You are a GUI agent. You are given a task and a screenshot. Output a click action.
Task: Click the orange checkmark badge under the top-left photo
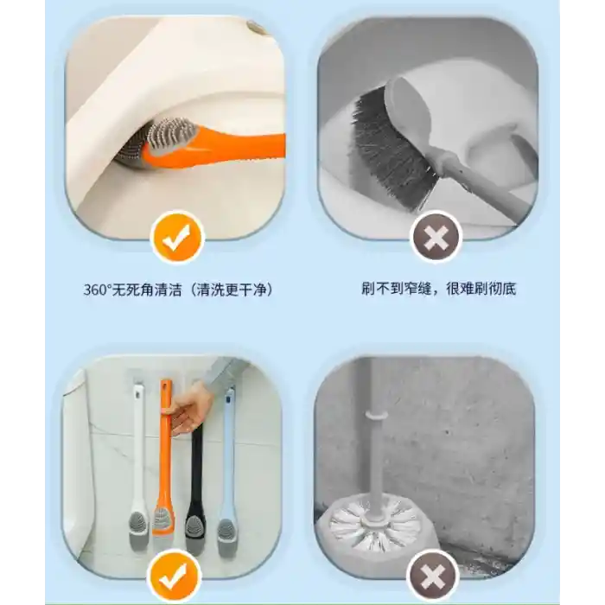tap(177, 237)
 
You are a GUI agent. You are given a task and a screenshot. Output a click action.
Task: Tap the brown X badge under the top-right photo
tap(436, 237)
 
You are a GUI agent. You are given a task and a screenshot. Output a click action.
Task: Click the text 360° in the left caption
tap(97, 290)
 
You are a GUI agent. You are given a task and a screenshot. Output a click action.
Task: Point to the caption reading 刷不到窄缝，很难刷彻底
tap(439, 289)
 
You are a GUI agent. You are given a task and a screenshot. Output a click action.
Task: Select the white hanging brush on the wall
tap(137, 463)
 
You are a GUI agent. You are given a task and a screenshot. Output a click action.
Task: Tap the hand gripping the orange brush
tap(189, 411)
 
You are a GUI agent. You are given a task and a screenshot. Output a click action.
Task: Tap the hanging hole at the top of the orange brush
tap(166, 386)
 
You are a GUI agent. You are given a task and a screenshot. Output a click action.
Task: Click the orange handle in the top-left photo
tap(216, 149)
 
